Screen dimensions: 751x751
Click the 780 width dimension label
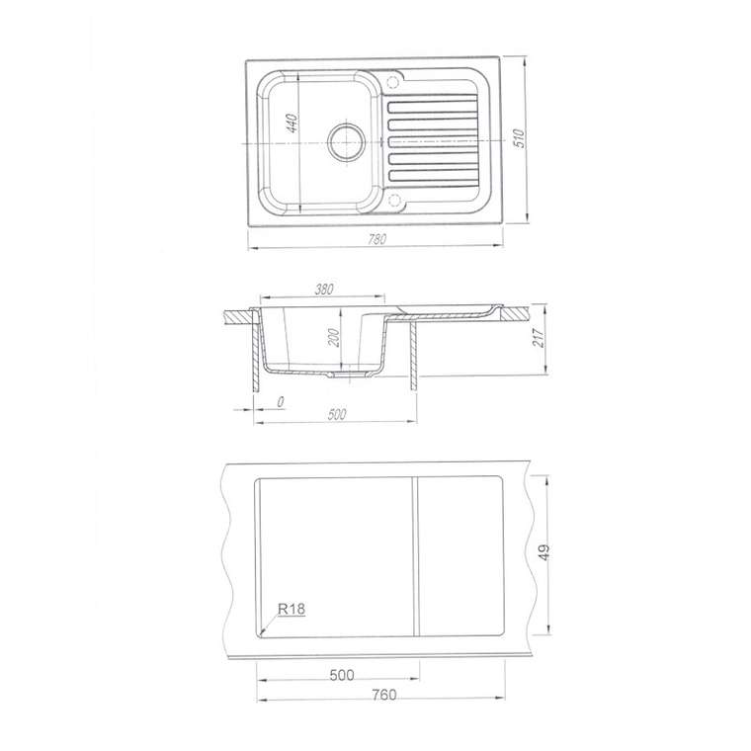coord(376,238)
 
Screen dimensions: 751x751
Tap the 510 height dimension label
coord(520,138)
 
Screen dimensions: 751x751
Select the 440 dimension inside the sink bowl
coord(292,124)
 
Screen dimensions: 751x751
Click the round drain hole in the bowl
coord(346,141)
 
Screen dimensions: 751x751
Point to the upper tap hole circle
coord(392,82)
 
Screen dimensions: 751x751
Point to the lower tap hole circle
coord(395,200)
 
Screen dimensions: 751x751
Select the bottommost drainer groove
coord(433,176)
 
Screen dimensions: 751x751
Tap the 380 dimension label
coord(324,290)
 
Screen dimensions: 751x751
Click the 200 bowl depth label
coord(334,338)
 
